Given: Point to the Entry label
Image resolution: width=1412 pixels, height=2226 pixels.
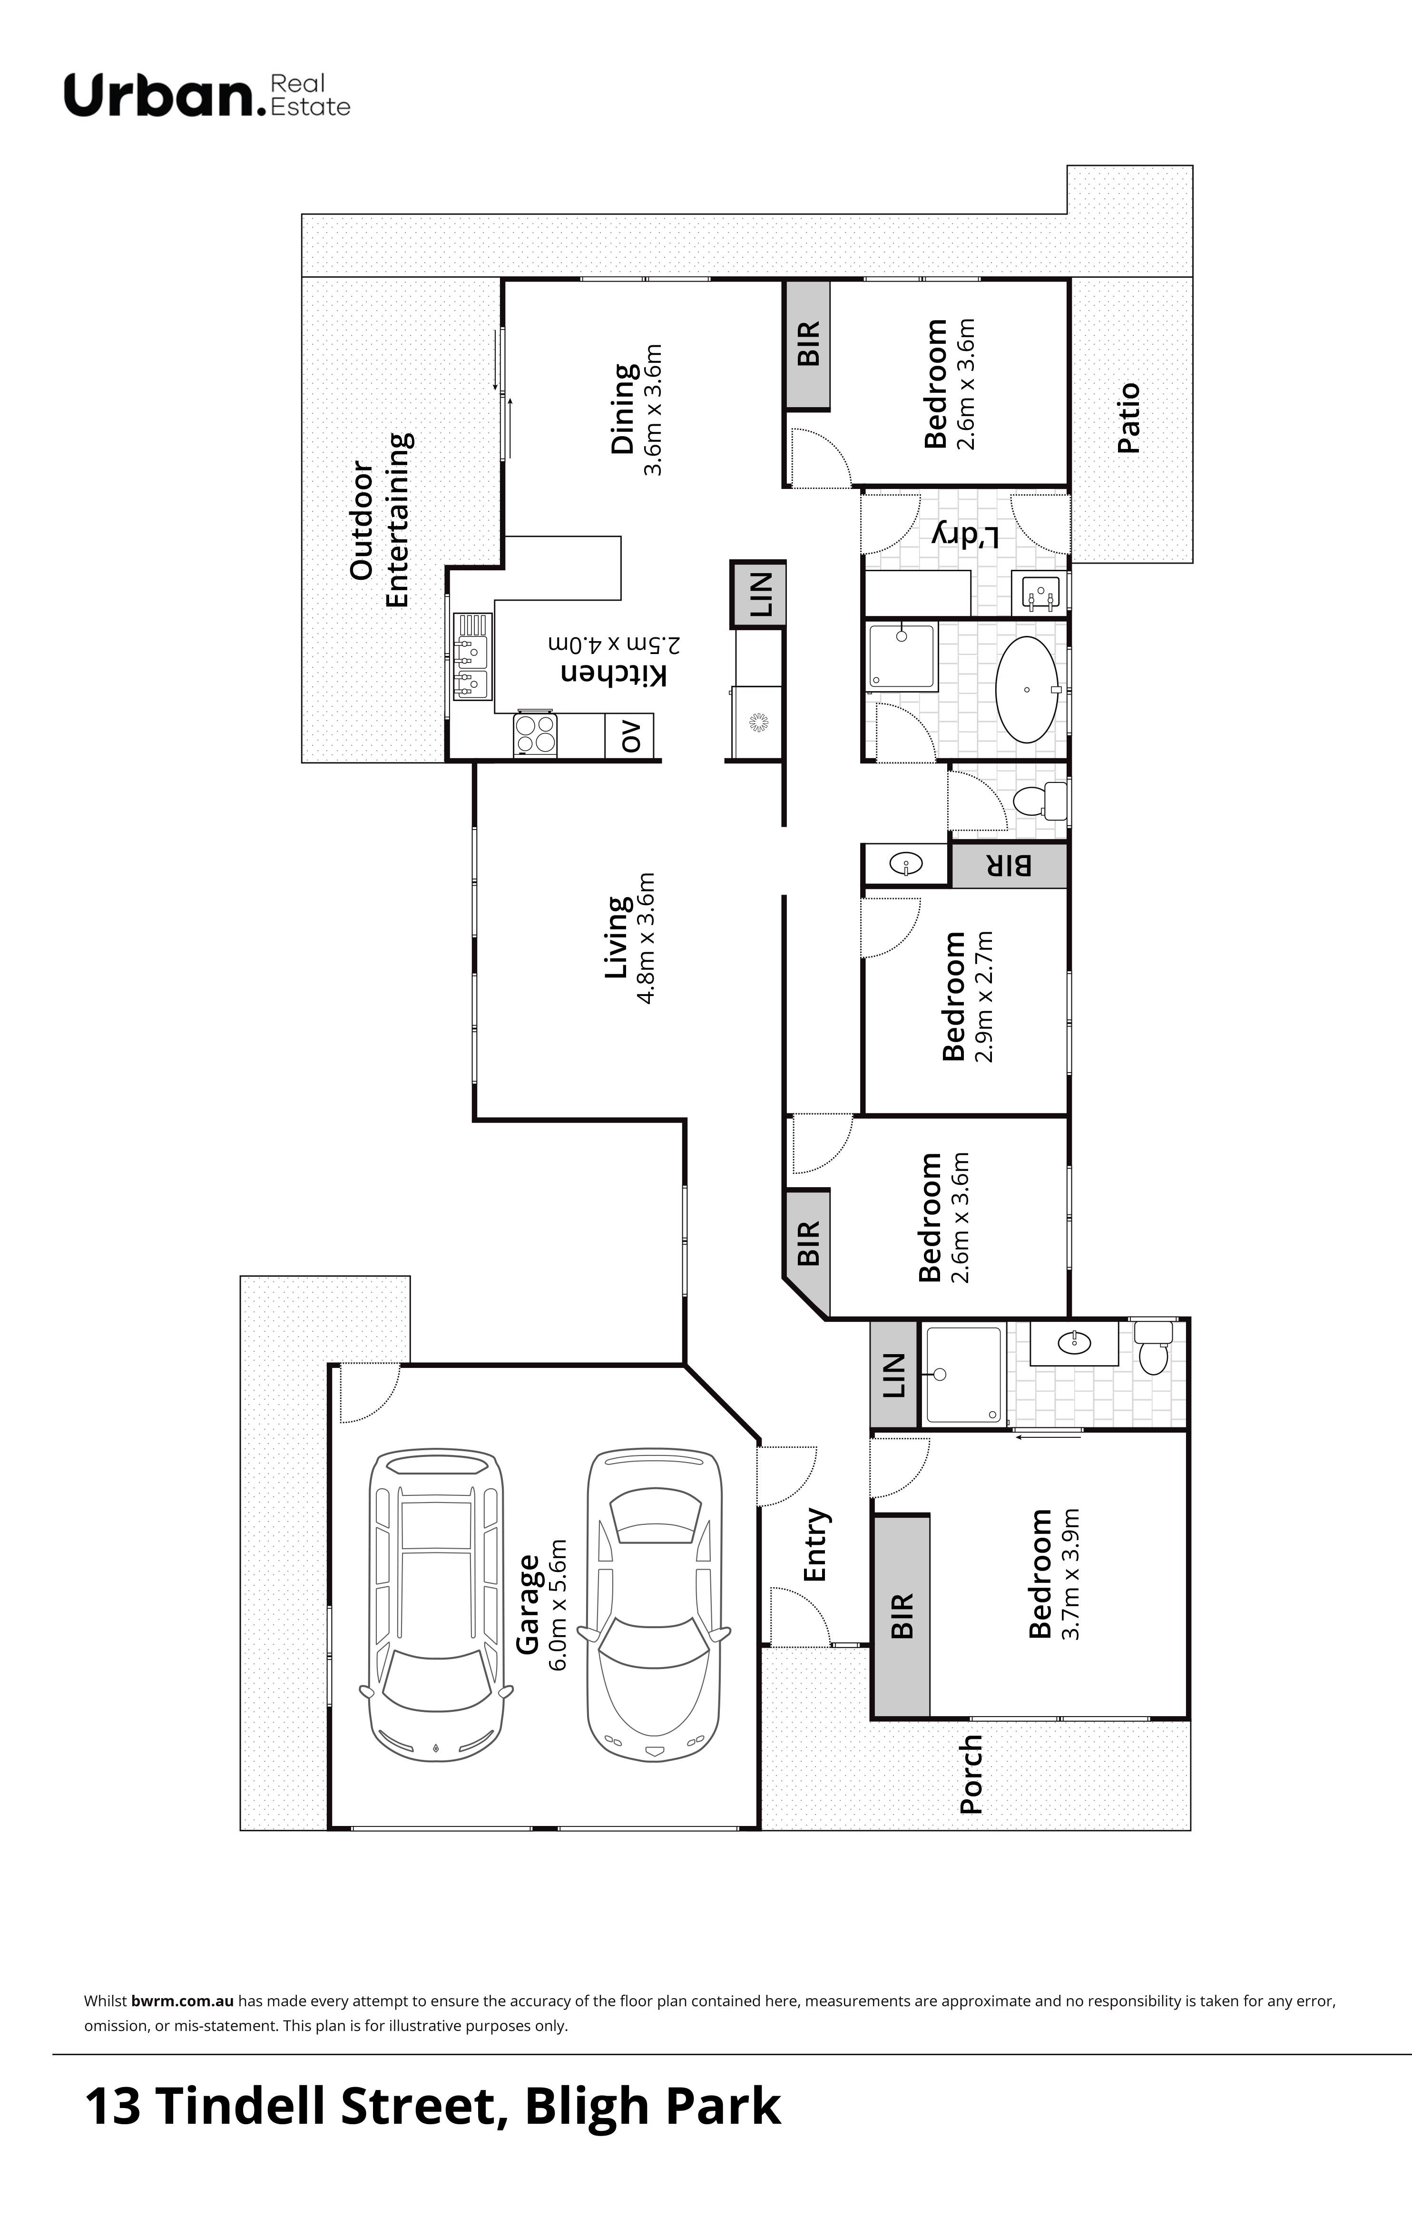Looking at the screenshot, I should (814, 1546).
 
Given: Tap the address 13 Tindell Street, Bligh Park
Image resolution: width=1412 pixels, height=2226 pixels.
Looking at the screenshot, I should (433, 2106).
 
